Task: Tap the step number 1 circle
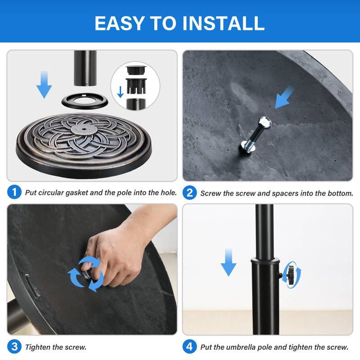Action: (14, 193)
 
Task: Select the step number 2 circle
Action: (189, 193)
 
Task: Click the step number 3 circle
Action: (14, 346)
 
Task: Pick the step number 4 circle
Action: (189, 346)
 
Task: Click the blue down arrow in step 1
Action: (44, 84)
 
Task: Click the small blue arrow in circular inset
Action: (120, 92)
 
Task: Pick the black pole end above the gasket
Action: (86, 67)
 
